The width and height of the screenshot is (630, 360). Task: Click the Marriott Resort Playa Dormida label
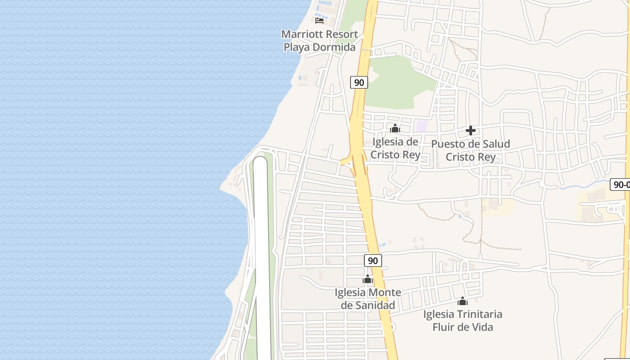(x=319, y=40)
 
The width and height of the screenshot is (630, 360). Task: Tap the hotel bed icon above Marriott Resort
(x=319, y=20)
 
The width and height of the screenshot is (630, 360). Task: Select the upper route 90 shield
(x=359, y=82)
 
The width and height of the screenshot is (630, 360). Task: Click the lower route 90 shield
(x=373, y=261)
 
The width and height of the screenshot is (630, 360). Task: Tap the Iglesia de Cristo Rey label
(x=396, y=148)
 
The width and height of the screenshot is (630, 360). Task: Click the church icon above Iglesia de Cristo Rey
(x=395, y=129)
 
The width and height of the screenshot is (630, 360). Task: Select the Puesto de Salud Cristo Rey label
(x=471, y=150)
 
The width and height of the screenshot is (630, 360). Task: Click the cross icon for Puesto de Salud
(x=471, y=130)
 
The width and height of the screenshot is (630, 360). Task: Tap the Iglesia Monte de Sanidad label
(x=368, y=299)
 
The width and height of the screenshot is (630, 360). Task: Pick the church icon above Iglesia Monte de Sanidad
(x=368, y=279)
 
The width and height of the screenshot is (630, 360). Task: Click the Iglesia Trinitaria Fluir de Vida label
(x=463, y=320)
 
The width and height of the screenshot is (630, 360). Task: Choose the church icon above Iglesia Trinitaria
(x=463, y=301)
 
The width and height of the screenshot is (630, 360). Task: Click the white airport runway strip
(x=261, y=252)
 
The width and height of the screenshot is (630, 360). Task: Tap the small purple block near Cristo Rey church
(x=421, y=126)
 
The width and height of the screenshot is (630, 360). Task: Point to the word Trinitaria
(x=480, y=314)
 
